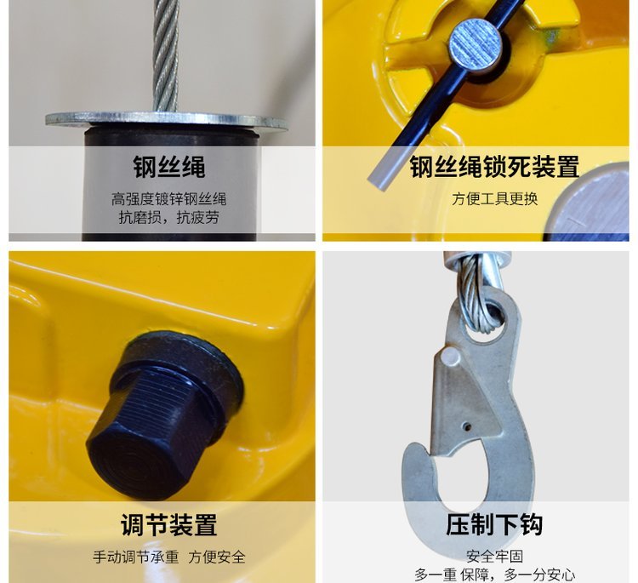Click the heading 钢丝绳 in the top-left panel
pos(169,167)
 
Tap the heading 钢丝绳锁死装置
pos(494,167)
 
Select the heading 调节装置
pos(169,525)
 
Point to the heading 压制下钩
pos(494,524)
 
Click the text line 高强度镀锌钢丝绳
pos(169,199)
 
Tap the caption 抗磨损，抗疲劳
pos(169,217)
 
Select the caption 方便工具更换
pos(495,198)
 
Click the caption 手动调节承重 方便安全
pos(169,557)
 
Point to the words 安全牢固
pos(494,556)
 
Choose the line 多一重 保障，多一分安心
pos(494,574)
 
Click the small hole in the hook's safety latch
pos(468,427)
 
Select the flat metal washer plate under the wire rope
pos(167,119)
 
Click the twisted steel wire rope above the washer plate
pos(166,55)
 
